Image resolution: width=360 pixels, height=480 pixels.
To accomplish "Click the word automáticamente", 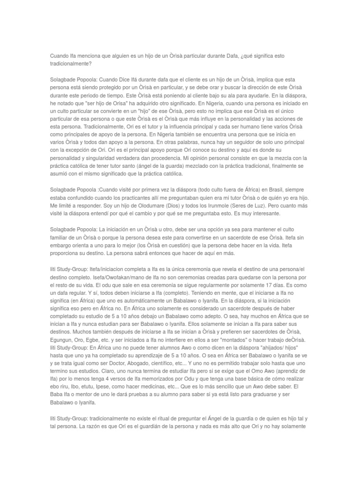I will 142,301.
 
